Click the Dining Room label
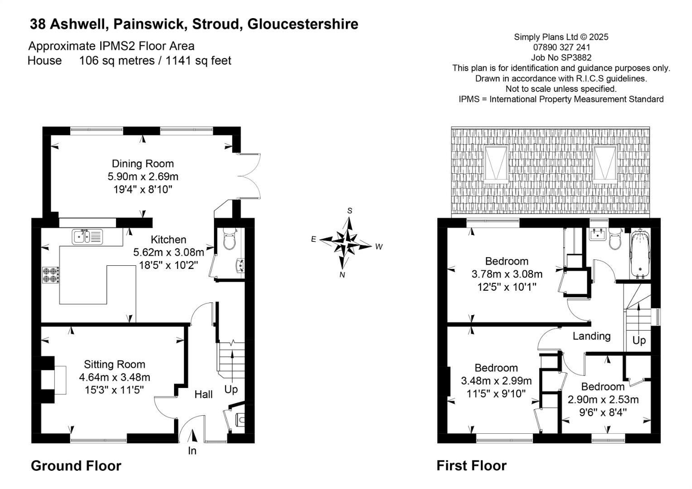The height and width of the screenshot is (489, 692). (143, 163)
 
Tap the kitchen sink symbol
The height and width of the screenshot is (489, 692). (87, 236)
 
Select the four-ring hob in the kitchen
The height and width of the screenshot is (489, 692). (51, 275)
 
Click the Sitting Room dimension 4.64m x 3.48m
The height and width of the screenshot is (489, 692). (114, 377)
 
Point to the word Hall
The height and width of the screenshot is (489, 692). (203, 394)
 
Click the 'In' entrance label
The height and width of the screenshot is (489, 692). (192, 451)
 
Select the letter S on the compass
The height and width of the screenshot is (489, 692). (349, 211)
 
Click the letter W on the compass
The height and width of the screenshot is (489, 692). (379, 247)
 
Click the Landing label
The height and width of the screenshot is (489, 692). (591, 336)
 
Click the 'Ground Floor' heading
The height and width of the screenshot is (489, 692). (76, 466)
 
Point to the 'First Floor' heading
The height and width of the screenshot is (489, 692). (471, 466)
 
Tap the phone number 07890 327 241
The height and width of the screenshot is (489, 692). (561, 47)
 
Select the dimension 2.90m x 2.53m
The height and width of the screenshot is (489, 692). (603, 399)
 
